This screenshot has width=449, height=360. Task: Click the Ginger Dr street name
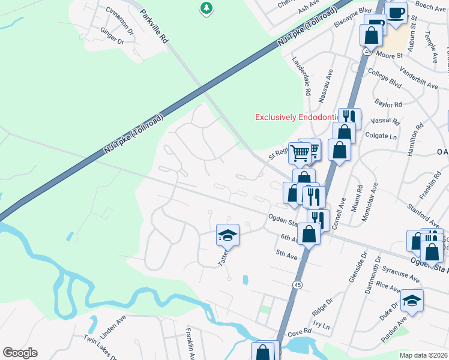coord(112,37)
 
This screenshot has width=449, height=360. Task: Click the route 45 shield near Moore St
coord(366,52)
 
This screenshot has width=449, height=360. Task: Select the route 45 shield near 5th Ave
coord(297,283)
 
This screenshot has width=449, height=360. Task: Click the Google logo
coord(20,353)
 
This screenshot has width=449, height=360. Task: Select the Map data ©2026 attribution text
coord(423,355)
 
